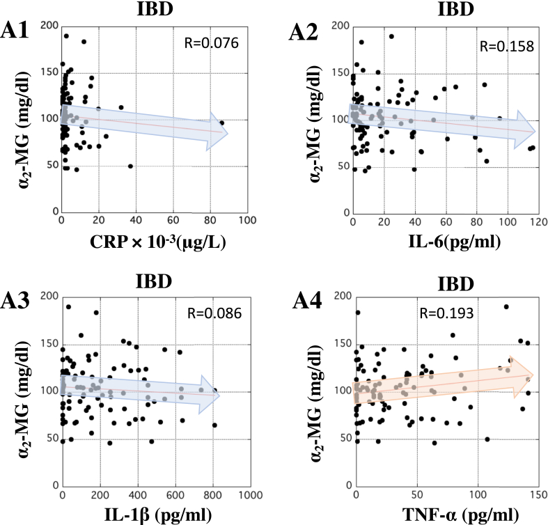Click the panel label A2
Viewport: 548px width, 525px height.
point(305,33)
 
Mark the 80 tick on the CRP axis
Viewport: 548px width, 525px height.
point(209,221)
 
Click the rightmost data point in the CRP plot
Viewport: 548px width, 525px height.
point(222,123)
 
